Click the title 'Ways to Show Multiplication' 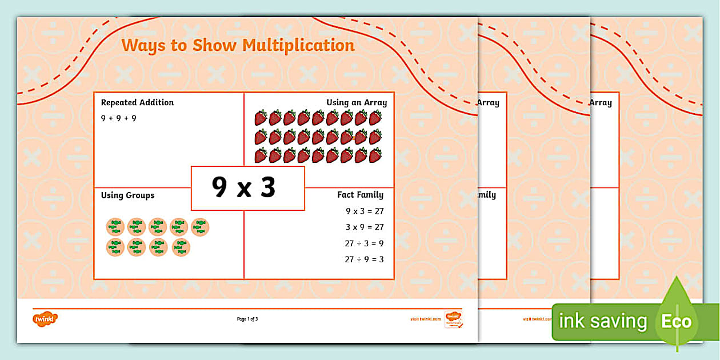[238, 45]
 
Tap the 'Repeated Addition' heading [137, 103]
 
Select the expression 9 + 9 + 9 [119, 118]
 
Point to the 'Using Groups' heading [127, 195]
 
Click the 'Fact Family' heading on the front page [360, 195]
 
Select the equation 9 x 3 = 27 [365, 211]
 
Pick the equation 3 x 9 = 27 [365, 227]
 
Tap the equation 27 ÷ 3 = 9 [364, 243]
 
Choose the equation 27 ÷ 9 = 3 [364, 259]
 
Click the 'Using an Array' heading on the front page [357, 103]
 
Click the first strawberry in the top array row [261, 118]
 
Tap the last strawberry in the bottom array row [375, 155]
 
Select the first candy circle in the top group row [115, 227]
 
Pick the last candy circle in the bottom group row [181, 247]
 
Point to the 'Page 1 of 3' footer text [247, 319]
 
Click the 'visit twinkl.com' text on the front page [425, 319]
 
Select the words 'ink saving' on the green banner [603, 321]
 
